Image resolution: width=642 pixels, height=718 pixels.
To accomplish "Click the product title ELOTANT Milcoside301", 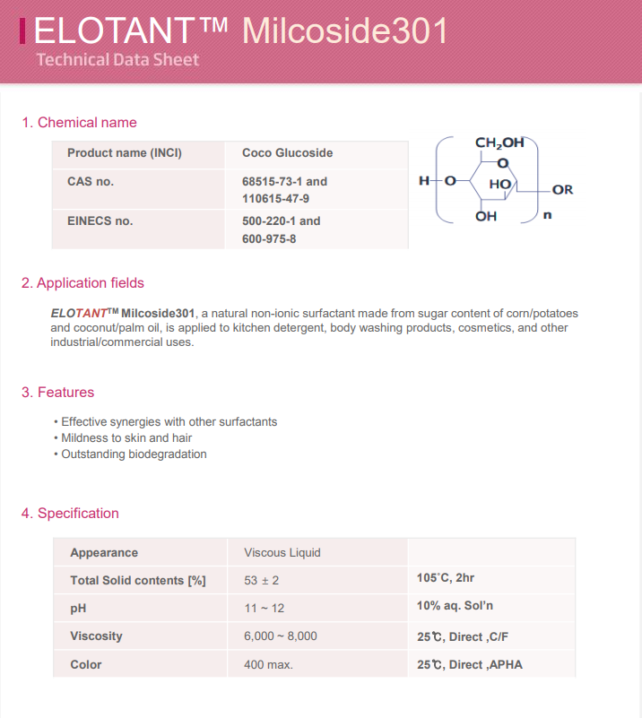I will point(240,31).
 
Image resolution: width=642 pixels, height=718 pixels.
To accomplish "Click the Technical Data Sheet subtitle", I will point(117,60).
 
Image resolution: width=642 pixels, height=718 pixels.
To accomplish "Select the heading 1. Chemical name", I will point(79,122).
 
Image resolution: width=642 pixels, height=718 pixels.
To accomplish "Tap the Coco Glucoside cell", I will point(287,153).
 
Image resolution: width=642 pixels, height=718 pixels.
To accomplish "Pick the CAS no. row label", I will point(91,181).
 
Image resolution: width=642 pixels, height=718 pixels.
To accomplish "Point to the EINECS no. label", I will point(100,221).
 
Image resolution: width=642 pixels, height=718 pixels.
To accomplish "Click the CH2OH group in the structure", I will point(499,143).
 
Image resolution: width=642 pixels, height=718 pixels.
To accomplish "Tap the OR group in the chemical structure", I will point(562,190).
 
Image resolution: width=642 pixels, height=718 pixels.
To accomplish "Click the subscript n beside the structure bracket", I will point(547,215).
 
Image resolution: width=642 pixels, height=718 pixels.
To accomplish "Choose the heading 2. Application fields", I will point(82,283).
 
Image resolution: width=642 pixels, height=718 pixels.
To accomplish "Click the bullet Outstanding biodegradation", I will point(134,454).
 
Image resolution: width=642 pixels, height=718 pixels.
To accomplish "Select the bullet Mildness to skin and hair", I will point(126,438).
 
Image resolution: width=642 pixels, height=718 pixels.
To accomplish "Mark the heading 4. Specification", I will point(70,514).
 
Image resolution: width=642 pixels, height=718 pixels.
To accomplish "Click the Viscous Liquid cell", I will point(282,553).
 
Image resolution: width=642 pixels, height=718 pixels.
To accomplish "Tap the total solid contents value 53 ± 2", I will point(261,581).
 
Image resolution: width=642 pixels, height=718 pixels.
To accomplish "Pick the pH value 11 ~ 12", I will point(264,608).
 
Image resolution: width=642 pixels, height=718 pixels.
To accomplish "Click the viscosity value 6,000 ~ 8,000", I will point(280,636).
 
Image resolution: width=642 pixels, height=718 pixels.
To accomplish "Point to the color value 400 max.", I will point(268,665).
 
